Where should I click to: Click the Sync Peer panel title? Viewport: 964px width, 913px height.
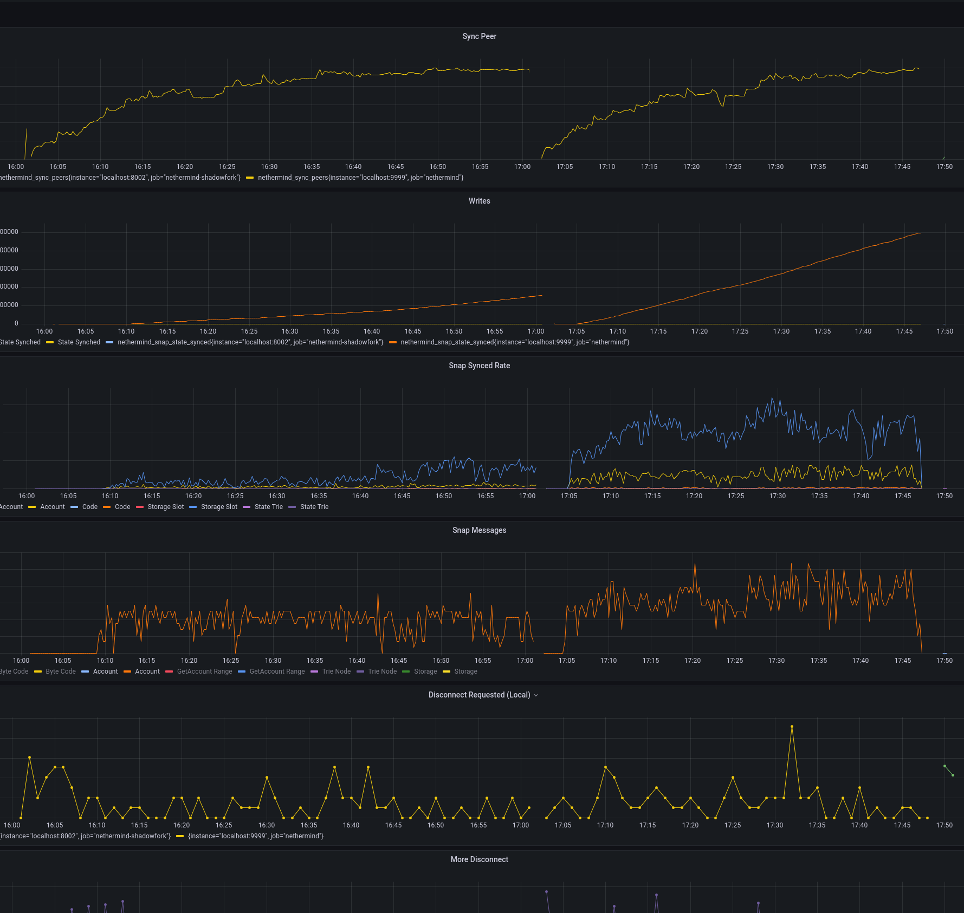[479, 36]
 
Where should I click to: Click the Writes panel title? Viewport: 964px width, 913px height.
[479, 201]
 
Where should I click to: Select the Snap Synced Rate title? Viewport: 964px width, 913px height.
[479, 366]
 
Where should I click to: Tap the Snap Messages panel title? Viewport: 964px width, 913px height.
[479, 530]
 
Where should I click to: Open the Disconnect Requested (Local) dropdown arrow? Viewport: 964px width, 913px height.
[536, 695]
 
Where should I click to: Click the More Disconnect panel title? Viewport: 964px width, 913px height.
[479, 859]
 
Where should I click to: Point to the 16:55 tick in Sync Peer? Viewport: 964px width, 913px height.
[480, 167]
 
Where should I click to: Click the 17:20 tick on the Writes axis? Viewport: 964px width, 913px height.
[699, 331]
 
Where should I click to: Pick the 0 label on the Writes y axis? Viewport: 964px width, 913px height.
[16, 323]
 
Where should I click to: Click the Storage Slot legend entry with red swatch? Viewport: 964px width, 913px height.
[165, 507]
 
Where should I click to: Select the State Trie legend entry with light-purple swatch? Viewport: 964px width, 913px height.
[268, 507]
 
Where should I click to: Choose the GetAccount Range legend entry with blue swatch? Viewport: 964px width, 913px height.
[277, 671]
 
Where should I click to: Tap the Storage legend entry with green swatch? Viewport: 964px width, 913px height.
[425, 671]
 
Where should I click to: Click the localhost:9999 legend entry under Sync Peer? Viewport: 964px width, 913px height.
[360, 178]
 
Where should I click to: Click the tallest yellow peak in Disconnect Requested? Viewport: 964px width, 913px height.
[792, 726]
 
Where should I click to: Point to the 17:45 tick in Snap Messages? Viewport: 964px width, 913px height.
[902, 661]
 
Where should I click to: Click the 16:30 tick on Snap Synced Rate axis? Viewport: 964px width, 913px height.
[277, 496]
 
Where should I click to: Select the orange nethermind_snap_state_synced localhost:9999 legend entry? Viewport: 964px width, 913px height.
[514, 342]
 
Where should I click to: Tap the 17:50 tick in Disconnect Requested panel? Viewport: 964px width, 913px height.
[944, 825]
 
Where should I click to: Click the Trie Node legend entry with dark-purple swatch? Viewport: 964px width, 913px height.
[382, 671]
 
